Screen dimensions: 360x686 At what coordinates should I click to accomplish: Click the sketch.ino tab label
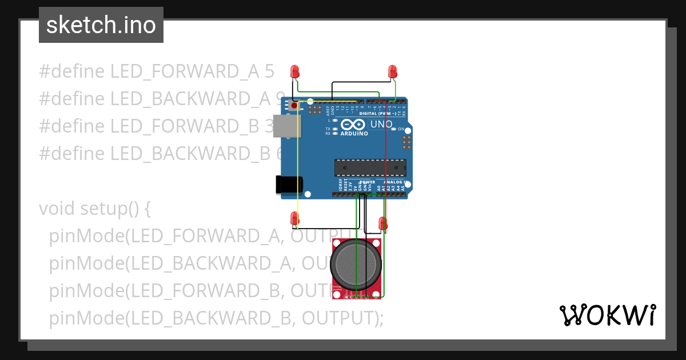[x=101, y=25]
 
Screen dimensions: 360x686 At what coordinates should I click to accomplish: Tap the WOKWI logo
[x=607, y=315]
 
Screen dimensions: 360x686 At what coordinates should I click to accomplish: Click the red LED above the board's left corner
[x=295, y=71]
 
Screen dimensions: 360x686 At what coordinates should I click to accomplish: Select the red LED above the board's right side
[x=393, y=71]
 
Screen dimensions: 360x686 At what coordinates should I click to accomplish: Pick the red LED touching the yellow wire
[x=295, y=218]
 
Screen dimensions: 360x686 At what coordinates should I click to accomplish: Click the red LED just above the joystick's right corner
[x=383, y=223]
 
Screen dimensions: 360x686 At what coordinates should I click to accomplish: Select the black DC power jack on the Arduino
[x=289, y=184]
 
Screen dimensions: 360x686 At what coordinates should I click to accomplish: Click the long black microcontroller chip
[x=370, y=167]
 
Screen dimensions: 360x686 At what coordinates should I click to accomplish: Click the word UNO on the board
[x=381, y=124]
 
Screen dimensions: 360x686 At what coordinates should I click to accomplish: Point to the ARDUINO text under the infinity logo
[x=354, y=133]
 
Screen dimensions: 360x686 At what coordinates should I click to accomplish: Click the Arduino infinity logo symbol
[x=353, y=124]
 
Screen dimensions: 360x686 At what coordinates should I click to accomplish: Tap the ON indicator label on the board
[x=401, y=129]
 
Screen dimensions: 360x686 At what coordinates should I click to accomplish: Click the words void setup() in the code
[x=94, y=209]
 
